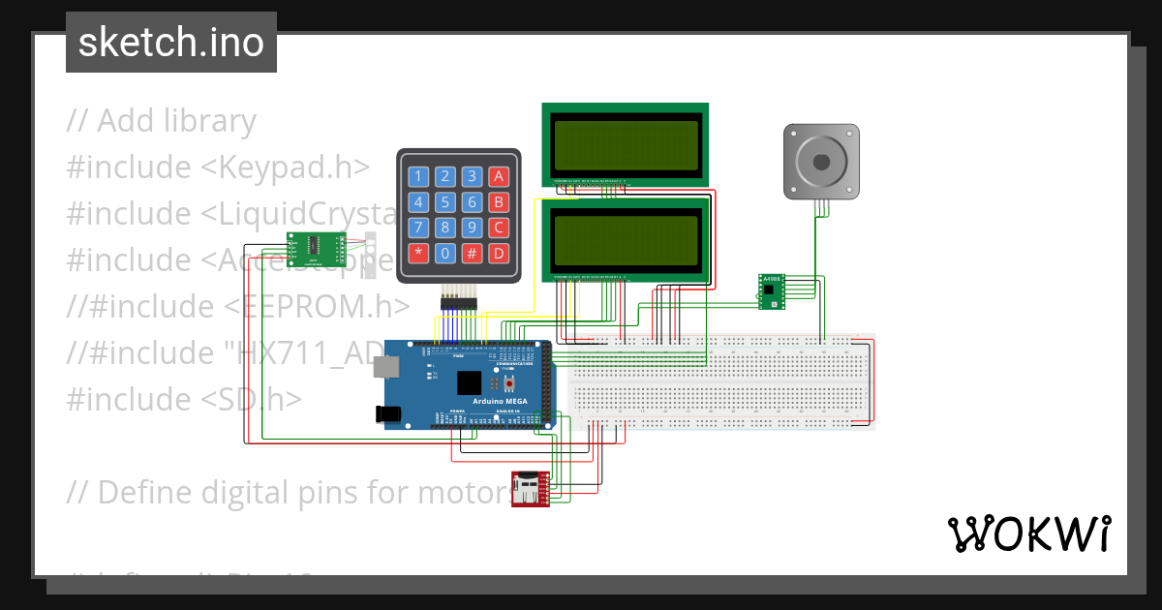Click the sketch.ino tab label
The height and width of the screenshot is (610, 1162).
171,43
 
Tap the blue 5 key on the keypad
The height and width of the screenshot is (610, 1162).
444,202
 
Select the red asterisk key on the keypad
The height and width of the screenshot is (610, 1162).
418,254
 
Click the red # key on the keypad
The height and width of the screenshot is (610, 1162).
472,254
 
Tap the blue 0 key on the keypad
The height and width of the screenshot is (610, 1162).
444,254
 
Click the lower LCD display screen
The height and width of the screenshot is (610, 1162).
625,239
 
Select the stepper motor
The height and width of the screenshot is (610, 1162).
820,162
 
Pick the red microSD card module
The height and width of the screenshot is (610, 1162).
530,488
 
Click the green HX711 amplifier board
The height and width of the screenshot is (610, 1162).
317,249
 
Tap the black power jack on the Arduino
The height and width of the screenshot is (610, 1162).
388,413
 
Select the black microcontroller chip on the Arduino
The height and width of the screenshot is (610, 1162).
471,382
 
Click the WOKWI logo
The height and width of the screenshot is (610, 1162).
1028,534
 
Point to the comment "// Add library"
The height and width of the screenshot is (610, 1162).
162,121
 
